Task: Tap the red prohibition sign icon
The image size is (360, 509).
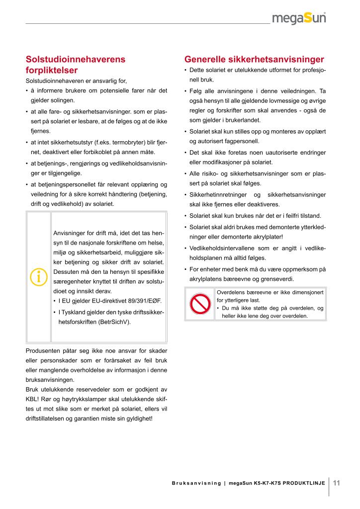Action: (200, 304)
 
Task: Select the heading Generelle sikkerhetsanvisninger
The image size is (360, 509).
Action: (254, 60)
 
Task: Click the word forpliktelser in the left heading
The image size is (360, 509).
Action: (52, 70)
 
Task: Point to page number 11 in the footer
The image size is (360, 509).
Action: (337, 483)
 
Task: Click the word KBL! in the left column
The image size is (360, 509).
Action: (33, 399)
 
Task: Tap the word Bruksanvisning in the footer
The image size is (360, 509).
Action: (196, 483)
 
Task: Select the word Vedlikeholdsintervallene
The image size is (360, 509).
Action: (221, 248)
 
